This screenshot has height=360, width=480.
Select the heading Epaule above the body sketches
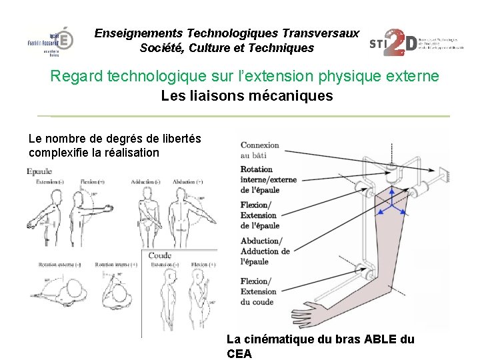pyautogui.click(x=39, y=172)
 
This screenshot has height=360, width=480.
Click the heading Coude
pyautogui.click(x=160, y=255)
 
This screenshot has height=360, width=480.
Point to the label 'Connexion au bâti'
pyautogui.click(x=260, y=150)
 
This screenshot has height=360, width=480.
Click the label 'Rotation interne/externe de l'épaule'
pyautogui.click(x=268, y=179)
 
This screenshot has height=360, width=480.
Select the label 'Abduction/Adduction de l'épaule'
pyautogui.click(x=265, y=251)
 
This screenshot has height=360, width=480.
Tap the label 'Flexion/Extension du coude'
pyautogui.click(x=258, y=291)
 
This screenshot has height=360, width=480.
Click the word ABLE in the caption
pyautogui.click(x=381, y=339)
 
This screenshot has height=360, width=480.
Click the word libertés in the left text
pyautogui.click(x=178, y=139)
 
